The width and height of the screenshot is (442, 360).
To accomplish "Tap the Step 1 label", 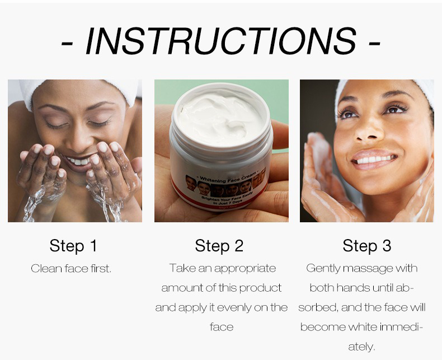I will (73, 246).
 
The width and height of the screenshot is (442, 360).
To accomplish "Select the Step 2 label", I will (219, 246).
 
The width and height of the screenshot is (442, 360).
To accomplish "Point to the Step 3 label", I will (366, 246).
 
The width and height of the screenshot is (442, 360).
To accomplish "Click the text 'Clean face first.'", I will (71, 269).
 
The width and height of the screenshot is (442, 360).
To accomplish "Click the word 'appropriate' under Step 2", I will (244, 268).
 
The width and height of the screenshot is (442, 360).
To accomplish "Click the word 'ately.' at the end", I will (361, 347).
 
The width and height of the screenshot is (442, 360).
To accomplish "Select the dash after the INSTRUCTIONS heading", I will (374, 43).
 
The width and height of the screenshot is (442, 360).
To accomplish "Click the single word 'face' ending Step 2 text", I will (221, 327).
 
